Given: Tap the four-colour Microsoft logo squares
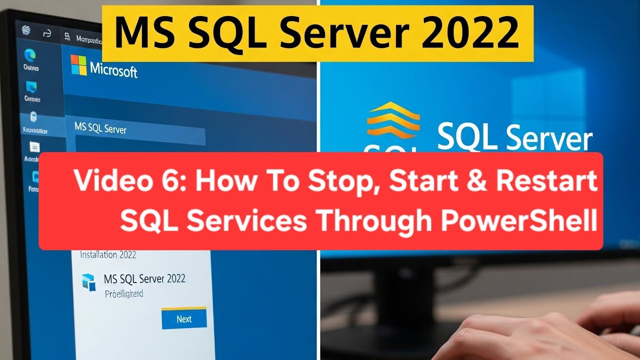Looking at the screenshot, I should [78, 65].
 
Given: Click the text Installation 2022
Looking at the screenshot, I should [108, 254].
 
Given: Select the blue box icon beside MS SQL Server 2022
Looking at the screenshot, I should [89, 281].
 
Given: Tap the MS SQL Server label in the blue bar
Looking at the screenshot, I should [100, 128].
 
